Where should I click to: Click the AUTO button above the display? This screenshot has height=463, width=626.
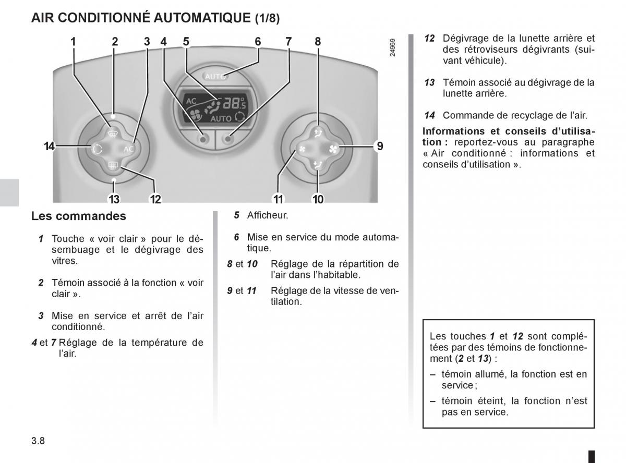(215, 76)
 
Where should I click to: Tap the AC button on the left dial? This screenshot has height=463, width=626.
(128, 149)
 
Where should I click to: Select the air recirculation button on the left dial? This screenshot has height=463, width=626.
(97, 149)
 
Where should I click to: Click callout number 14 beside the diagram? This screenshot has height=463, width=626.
(50, 147)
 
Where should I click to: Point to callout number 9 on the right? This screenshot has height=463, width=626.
(380, 147)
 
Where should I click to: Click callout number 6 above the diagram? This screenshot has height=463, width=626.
(258, 42)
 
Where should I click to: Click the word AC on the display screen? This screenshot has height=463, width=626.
(191, 100)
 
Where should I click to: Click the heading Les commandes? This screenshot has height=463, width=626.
(79, 216)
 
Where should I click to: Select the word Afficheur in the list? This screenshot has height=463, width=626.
(268, 215)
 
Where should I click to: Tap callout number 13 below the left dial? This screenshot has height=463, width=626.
(114, 199)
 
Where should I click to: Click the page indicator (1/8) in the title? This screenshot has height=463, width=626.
(267, 19)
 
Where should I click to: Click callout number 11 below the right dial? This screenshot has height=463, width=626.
(278, 199)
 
